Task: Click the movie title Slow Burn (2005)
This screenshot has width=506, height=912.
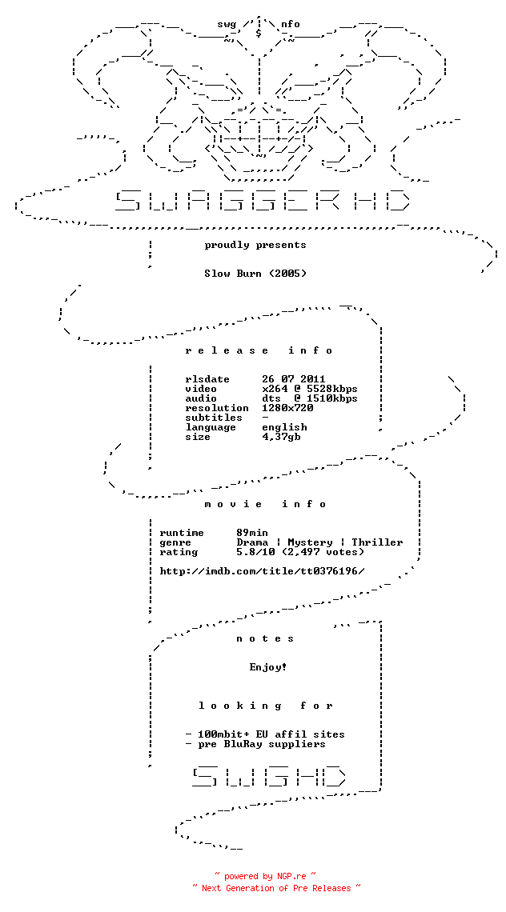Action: (255, 274)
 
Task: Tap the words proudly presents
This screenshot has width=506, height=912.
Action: (255, 245)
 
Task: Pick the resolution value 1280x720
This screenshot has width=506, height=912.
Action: (287, 408)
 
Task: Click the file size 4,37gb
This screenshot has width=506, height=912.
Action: (281, 437)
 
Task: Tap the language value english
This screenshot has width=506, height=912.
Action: (284, 427)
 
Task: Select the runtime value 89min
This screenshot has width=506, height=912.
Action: (252, 533)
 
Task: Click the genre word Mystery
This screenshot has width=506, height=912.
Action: (310, 542)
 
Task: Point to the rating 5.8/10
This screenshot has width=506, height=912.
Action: (255, 552)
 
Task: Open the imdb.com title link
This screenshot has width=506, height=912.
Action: (262, 571)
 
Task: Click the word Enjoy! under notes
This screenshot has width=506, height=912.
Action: (268, 667)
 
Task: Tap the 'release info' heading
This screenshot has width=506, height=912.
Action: (259, 350)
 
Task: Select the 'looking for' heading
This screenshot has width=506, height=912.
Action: (265, 706)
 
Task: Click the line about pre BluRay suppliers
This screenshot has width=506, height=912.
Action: (255, 744)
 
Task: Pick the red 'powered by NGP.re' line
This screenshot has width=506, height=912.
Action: (265, 876)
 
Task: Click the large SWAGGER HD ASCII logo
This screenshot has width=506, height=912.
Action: (262, 200)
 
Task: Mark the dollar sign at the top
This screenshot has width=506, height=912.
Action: (259, 33)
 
